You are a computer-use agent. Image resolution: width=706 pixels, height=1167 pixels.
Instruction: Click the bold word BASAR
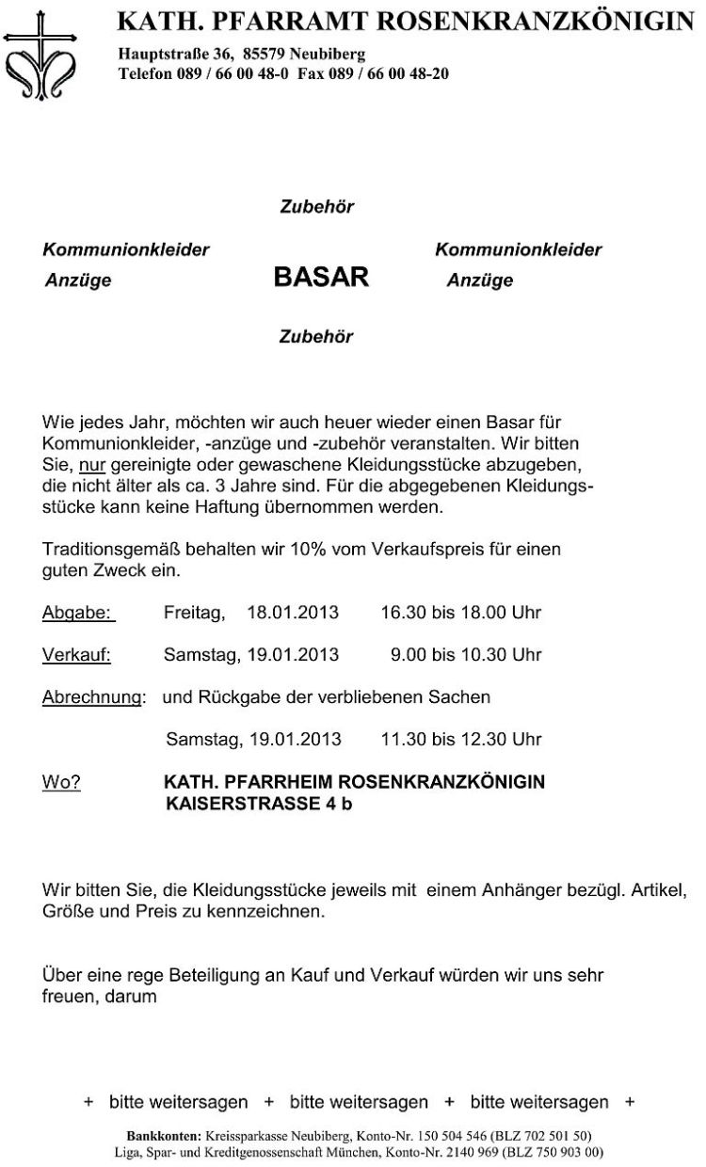click(320, 278)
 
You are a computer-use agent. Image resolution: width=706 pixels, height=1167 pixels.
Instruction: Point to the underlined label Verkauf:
click(76, 654)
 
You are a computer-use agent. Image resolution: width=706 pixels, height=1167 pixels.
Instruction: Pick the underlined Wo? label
click(61, 782)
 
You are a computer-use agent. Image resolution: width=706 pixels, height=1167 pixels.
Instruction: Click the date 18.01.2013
click(293, 613)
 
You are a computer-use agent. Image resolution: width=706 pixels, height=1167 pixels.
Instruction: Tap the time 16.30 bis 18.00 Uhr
click(460, 613)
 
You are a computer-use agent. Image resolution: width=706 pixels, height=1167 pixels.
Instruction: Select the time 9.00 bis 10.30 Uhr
click(466, 654)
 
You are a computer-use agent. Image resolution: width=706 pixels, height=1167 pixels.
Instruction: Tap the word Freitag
click(194, 613)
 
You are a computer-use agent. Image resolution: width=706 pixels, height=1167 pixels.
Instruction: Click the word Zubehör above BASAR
click(316, 207)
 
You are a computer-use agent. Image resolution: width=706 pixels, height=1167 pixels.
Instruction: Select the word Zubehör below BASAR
click(316, 336)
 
